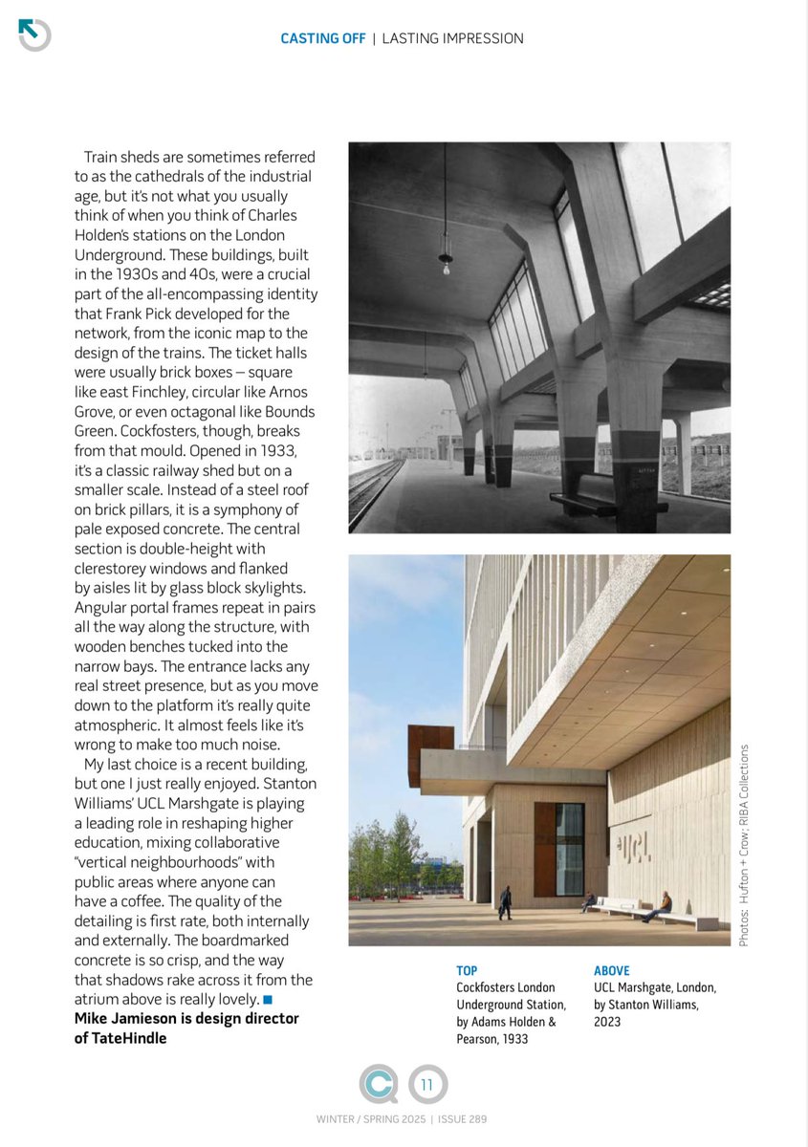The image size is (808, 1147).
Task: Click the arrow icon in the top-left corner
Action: (x=33, y=34)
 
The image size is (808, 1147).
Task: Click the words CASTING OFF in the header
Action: (x=322, y=38)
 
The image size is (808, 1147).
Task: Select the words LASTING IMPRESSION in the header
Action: (x=452, y=38)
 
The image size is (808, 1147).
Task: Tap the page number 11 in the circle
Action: (x=426, y=1084)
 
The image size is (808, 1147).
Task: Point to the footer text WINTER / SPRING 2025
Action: (x=371, y=1119)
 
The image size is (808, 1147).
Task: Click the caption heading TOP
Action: (x=467, y=970)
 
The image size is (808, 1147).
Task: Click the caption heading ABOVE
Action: (x=612, y=970)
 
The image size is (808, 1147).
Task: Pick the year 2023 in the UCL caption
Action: (x=607, y=1021)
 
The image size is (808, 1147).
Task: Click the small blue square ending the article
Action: (x=268, y=999)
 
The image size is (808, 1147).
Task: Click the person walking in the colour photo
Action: (x=505, y=902)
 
